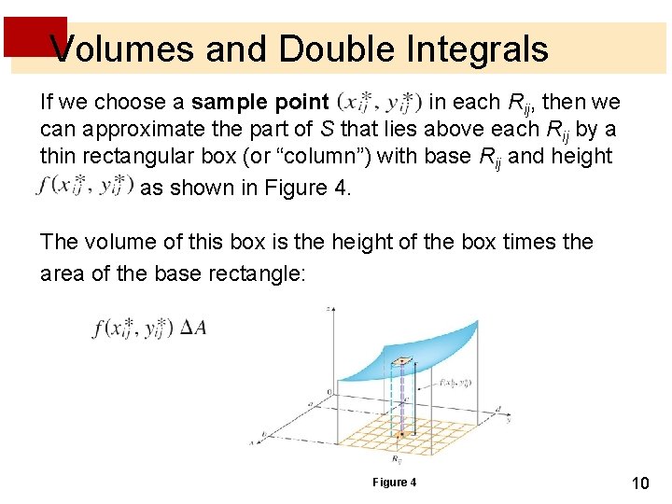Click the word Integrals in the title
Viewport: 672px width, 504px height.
(x=472, y=49)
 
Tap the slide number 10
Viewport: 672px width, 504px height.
(x=639, y=483)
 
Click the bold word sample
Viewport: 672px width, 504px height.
(x=227, y=101)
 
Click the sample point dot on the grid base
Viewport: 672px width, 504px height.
(x=399, y=434)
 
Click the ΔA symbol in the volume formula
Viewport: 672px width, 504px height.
(x=193, y=328)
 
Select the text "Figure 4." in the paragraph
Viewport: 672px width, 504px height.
(x=307, y=188)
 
